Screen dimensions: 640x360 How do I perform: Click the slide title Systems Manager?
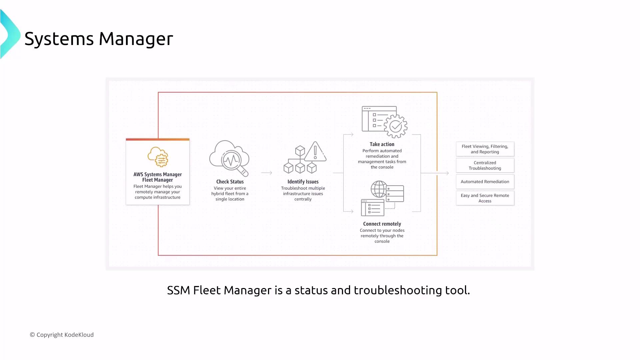[x=99, y=39]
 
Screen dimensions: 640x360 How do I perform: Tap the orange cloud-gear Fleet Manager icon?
[x=158, y=157]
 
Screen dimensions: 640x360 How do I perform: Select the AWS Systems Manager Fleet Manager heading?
[x=158, y=177]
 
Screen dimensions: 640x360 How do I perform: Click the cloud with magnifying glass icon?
[x=229, y=158]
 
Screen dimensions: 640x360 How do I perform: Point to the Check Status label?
[x=230, y=182]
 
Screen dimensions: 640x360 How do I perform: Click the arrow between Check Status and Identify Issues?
[x=267, y=173]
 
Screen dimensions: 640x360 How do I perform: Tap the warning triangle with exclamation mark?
[x=315, y=151]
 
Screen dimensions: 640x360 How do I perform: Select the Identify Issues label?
[x=303, y=182]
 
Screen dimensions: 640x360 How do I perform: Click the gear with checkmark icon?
[x=396, y=126]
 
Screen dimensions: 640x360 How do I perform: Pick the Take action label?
[x=382, y=144]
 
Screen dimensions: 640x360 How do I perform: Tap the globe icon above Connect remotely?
[x=379, y=189]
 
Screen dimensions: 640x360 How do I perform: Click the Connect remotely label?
[x=382, y=224]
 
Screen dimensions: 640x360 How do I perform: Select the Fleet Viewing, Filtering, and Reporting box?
[x=485, y=149]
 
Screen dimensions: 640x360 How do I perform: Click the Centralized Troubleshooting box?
[x=485, y=165]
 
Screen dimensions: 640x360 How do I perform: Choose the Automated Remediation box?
[x=485, y=182]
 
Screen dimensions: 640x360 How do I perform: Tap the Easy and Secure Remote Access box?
[x=485, y=198]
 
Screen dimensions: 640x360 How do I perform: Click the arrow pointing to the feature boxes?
[x=435, y=173]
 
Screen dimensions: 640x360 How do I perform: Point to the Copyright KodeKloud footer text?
[x=62, y=335]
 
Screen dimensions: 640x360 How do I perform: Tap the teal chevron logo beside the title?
[x=10, y=34]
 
